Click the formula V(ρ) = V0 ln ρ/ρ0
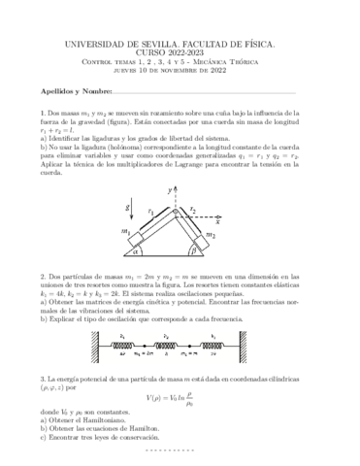click(180, 397)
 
